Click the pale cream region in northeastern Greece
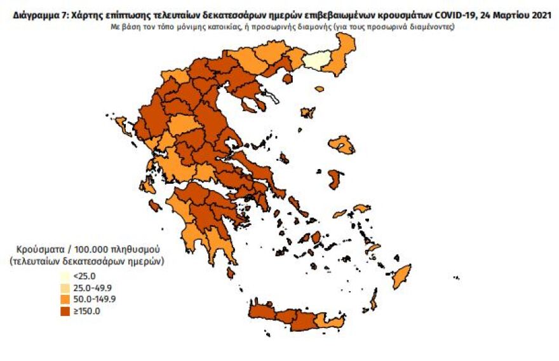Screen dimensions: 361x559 click(x=318, y=61)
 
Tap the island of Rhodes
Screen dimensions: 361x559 click(x=401, y=277)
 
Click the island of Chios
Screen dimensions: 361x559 click(x=332, y=179)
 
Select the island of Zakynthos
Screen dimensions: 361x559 click(x=154, y=205)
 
